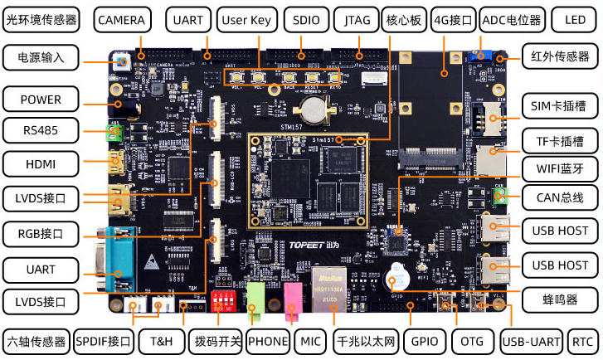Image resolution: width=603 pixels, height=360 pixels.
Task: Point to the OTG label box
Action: coord(473,341)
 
